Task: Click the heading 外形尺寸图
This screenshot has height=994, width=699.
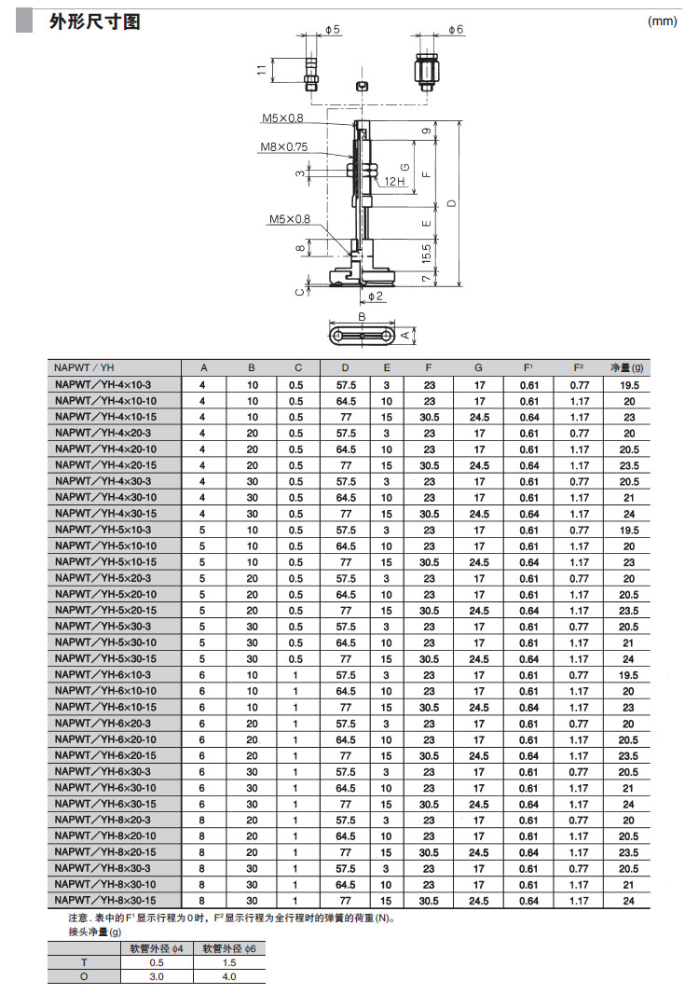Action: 94,21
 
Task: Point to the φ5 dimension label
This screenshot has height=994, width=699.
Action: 333,31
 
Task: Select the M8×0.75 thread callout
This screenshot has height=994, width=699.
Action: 284,146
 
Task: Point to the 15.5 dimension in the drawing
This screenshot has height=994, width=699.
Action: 426,252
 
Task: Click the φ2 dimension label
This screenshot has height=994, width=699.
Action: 374,296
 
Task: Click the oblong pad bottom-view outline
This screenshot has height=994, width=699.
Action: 362,335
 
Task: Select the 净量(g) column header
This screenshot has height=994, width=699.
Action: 626,368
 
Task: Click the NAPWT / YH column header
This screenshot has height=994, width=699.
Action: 84,368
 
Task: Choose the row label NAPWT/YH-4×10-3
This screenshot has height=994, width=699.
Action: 103,385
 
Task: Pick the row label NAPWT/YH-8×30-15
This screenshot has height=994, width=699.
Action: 105,901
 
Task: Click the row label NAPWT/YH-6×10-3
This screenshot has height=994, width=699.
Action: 103,675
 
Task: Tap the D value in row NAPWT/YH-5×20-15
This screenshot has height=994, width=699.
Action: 346,611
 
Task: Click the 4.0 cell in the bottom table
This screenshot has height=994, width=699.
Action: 229,976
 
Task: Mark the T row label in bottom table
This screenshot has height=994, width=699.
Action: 84,962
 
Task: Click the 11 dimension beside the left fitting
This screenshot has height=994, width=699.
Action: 262,67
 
